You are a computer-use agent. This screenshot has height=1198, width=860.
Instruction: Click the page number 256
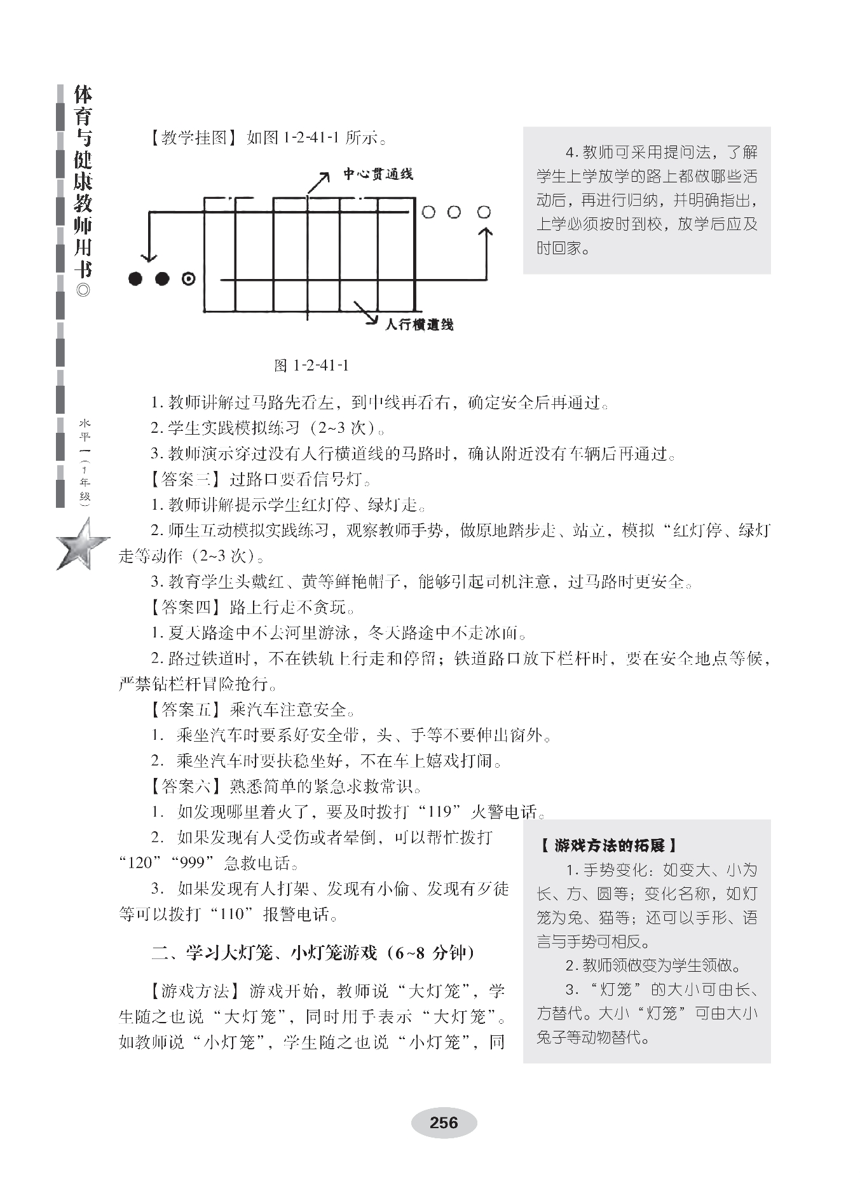(x=444, y=1123)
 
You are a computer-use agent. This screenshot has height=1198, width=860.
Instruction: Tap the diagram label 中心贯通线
(x=378, y=174)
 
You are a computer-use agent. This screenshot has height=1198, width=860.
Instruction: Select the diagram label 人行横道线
(x=419, y=325)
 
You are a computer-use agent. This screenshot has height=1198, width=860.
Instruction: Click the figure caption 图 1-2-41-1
(x=311, y=365)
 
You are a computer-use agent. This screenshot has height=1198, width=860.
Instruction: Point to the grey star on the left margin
(x=83, y=544)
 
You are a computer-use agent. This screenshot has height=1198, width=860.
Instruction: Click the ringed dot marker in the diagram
(x=188, y=278)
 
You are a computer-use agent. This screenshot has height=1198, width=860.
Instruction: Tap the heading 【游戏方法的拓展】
(x=608, y=845)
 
